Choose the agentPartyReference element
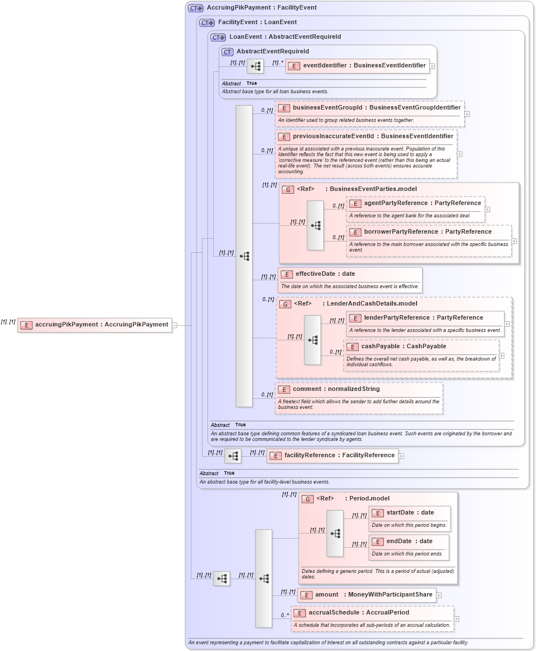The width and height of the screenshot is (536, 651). [415, 203]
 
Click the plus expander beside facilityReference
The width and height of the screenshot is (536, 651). [401, 456]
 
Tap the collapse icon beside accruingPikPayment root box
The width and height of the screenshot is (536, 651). [175, 325]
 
